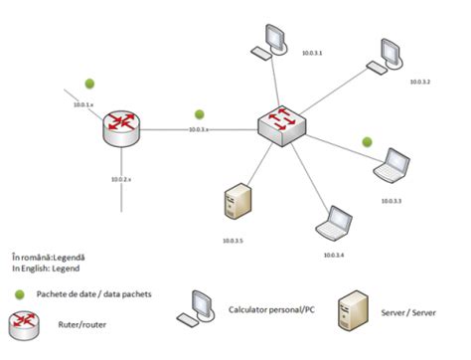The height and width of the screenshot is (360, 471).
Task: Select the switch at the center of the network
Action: [280, 124]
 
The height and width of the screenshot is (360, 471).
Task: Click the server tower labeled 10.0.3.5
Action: [235, 205]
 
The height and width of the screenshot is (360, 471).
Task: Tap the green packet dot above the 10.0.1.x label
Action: [89, 83]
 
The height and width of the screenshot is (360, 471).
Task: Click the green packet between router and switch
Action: [200, 113]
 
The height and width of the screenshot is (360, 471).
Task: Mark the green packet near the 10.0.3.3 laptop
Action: [367, 141]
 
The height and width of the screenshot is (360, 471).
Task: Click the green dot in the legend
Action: [21, 294]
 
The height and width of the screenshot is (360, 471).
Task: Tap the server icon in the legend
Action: [357, 311]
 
